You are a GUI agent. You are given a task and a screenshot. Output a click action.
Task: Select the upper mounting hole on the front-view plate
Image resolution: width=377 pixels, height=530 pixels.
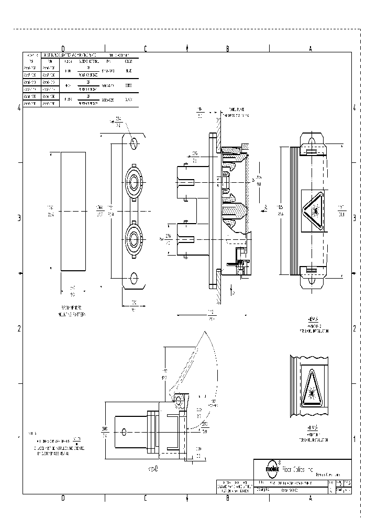click(x=135, y=143)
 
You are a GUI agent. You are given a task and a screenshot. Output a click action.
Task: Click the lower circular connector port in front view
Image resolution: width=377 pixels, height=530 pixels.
click(x=135, y=239)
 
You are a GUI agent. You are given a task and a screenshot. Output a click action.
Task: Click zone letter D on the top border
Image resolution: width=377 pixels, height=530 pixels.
click(x=63, y=48)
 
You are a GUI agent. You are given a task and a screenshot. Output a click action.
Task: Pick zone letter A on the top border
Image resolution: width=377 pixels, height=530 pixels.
click(x=311, y=48)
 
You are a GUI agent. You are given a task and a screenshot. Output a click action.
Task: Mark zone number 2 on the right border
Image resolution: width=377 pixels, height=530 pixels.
click(x=354, y=328)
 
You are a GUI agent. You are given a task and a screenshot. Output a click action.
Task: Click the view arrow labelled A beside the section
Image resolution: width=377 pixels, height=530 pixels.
click(x=265, y=208)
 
